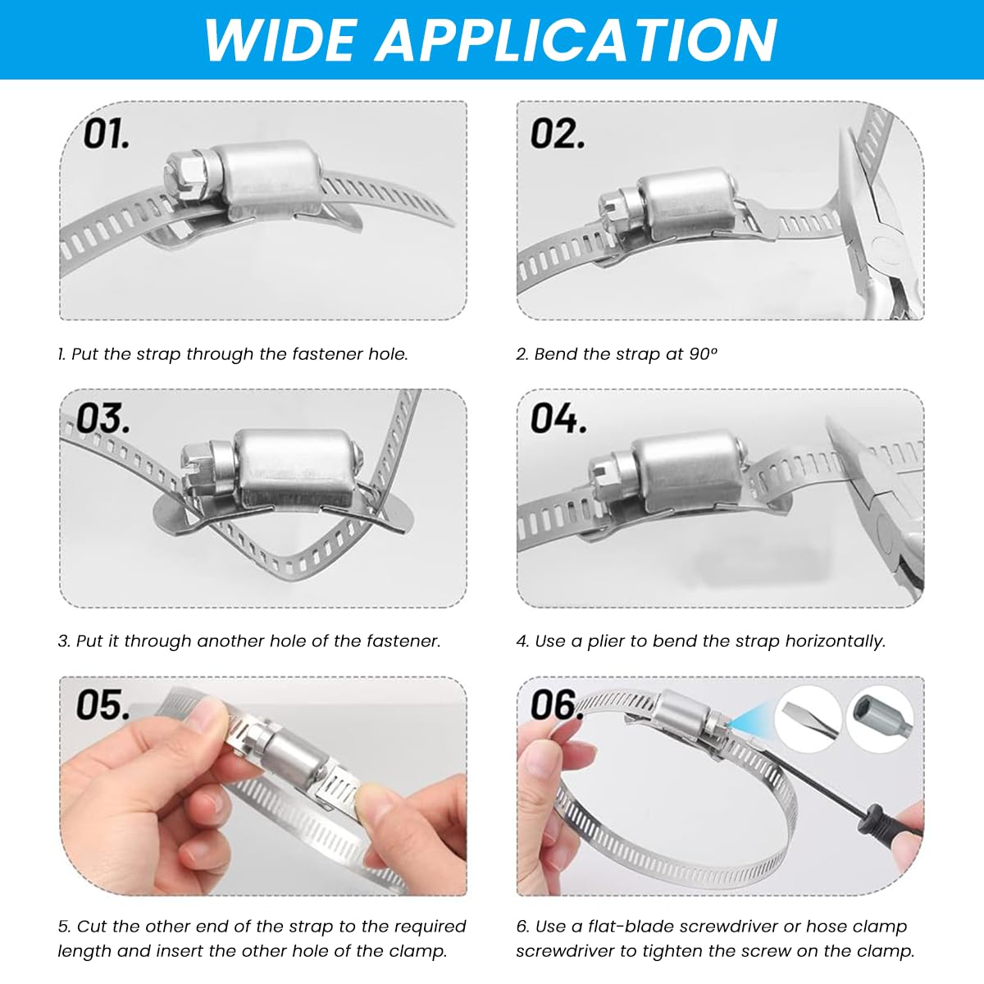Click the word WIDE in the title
click(280, 40)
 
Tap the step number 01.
click(107, 134)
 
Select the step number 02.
click(558, 134)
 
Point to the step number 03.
click(103, 419)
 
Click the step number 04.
click(558, 419)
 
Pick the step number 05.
click(103, 705)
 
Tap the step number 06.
click(558, 705)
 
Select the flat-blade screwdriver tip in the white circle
click(807, 719)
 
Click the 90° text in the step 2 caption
click(703, 354)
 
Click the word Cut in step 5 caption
click(91, 927)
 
